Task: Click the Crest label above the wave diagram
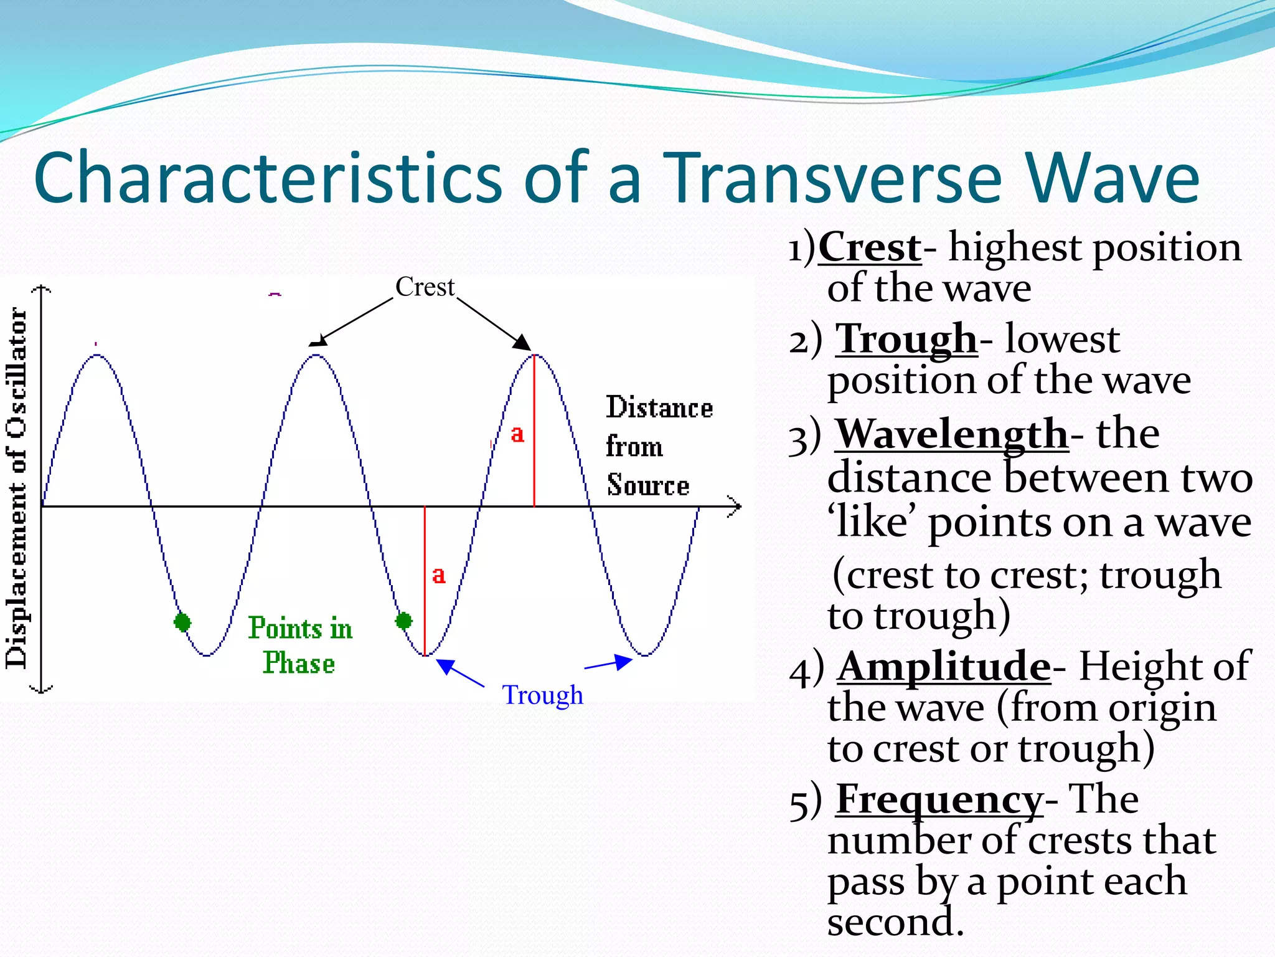425,287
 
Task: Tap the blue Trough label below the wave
543,695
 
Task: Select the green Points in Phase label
300,645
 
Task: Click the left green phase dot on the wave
182,621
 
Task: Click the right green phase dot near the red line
404,621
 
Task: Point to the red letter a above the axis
517,434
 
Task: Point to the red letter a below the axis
439,574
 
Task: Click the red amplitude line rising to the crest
534,436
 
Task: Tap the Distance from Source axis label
659,446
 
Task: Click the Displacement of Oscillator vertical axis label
17,489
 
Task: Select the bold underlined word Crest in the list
870,247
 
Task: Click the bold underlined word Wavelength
952,434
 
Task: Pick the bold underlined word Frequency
939,799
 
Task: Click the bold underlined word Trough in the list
906,340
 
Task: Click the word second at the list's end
895,922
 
